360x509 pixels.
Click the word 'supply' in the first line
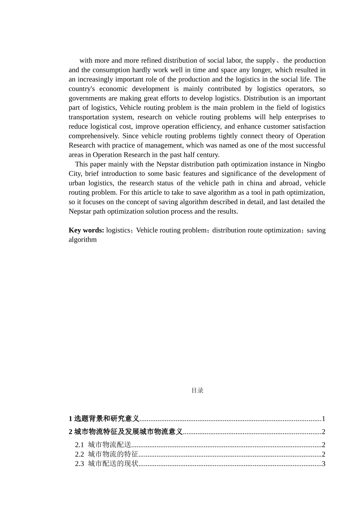(266, 61)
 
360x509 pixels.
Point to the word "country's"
(81, 89)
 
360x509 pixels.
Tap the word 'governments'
(86, 98)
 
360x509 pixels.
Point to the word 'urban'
(77, 183)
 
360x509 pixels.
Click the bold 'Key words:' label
(86, 230)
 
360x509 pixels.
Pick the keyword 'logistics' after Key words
(118, 230)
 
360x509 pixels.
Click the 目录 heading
(197, 390)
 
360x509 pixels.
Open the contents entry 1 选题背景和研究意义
(104, 419)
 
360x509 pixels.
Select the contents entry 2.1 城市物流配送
(103, 445)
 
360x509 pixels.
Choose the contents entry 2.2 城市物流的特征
(106, 454)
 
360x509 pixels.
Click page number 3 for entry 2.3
(324, 464)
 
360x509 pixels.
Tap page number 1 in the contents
(324, 419)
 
